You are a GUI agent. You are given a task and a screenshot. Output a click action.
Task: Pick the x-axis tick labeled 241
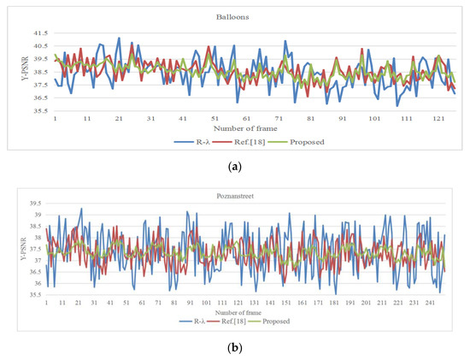pyautogui.click(x=431, y=303)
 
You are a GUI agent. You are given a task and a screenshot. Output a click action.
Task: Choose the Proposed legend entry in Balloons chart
pyautogui.click(x=308, y=141)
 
